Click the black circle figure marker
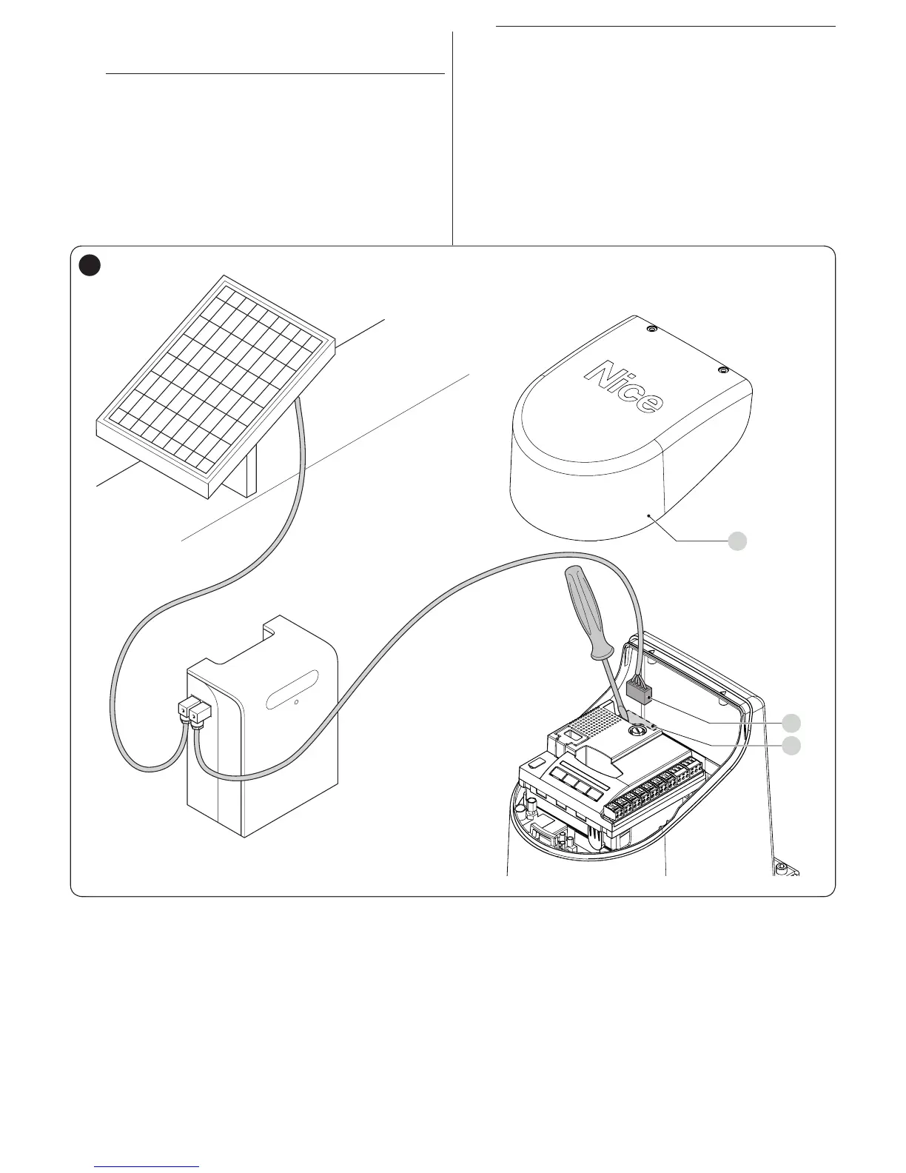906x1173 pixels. (x=90, y=264)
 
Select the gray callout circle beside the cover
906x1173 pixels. (x=736, y=541)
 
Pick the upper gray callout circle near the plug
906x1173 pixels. (x=792, y=722)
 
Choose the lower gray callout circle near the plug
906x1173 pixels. (x=792, y=746)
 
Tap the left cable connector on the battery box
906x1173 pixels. (x=184, y=712)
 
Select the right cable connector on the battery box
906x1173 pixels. (x=200, y=713)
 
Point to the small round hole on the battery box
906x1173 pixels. (x=296, y=700)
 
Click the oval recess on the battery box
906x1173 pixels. (x=293, y=689)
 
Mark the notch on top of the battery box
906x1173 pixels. (x=274, y=628)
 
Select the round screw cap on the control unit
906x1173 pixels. (x=636, y=730)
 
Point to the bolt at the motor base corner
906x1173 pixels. (x=782, y=866)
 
